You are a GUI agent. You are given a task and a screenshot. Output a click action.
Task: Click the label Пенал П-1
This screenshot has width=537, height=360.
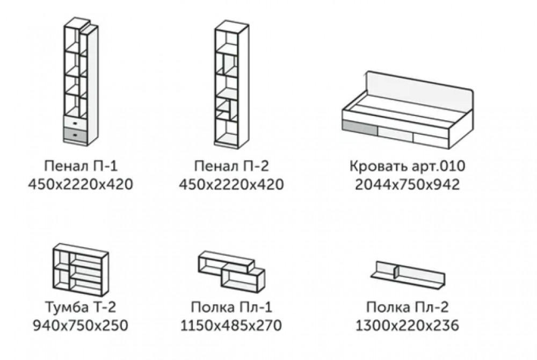(81, 166)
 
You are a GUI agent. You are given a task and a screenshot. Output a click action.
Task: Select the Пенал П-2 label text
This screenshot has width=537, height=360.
(231, 166)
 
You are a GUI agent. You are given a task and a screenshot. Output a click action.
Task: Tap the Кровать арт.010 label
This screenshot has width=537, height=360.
(407, 166)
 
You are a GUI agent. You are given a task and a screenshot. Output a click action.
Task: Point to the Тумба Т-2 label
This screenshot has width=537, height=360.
(81, 307)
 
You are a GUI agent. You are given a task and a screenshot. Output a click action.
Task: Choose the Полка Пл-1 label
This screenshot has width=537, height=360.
(231, 307)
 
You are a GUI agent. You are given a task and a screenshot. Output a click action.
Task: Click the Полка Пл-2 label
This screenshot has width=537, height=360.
(407, 307)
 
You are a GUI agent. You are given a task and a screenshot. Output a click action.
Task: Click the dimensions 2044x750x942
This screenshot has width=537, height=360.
(407, 185)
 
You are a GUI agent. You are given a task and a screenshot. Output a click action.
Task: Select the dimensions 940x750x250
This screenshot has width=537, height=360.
(81, 326)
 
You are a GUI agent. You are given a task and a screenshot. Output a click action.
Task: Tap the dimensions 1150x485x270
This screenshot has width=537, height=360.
(231, 326)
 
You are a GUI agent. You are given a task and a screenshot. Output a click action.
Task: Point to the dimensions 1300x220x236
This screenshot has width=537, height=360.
(407, 326)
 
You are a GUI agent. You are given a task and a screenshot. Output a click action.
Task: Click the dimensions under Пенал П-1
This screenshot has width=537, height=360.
(81, 185)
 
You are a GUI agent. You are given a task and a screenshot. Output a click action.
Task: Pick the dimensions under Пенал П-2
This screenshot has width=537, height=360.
(231, 185)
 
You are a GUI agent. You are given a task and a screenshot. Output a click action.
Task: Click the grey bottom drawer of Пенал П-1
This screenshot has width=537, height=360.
(75, 135)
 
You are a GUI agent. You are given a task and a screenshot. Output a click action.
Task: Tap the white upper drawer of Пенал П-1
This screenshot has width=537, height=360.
(75, 123)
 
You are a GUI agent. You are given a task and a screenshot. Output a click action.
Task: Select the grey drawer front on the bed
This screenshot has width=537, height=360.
(359, 127)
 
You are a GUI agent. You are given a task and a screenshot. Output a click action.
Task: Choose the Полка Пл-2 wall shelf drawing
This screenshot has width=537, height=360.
(408, 274)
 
